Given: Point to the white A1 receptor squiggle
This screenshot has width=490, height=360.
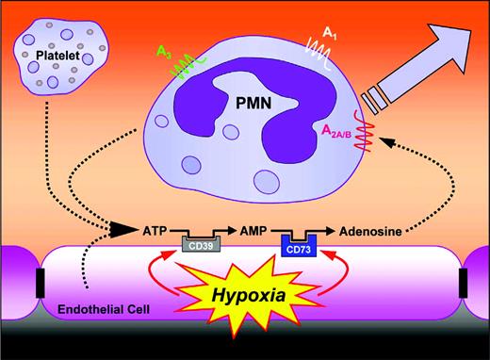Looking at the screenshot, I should tap(312, 45).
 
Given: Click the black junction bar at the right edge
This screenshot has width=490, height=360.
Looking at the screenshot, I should tap(463, 282).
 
